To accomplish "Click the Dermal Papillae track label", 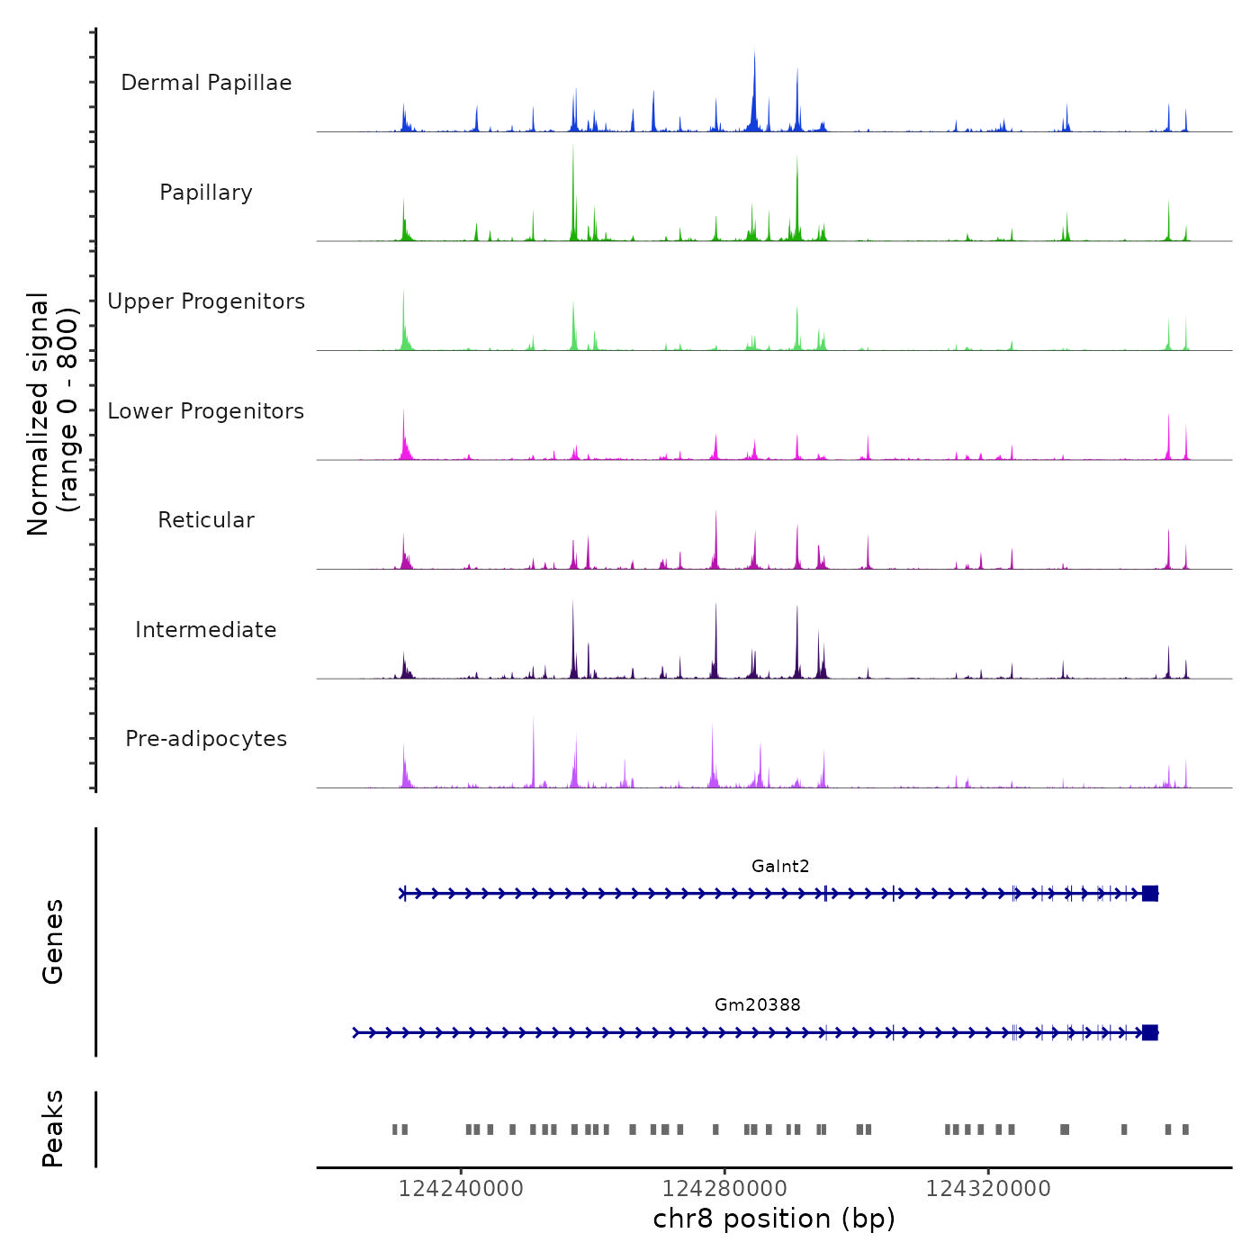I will [x=206, y=83].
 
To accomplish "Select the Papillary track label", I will [x=206, y=193].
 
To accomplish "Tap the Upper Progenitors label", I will [x=206, y=301].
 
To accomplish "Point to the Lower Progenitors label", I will [x=206, y=411].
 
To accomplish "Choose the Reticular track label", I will [x=206, y=520].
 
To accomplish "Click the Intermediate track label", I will [x=206, y=630].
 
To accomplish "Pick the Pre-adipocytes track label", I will [x=206, y=739].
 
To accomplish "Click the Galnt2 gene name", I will [x=780, y=867].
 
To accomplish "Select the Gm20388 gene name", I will [x=757, y=1004].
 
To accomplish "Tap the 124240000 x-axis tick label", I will [x=461, y=1189].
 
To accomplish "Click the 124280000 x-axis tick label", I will [x=724, y=1189].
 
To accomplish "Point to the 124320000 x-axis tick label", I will [x=988, y=1189].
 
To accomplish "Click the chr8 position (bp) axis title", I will [x=774, y=1219].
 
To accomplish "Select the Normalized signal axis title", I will [x=52, y=414].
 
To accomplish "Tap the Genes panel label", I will [x=53, y=941].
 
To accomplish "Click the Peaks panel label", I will [x=53, y=1129].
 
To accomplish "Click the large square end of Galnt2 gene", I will [x=1149, y=894].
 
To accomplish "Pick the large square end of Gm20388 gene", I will [x=1149, y=1032].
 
